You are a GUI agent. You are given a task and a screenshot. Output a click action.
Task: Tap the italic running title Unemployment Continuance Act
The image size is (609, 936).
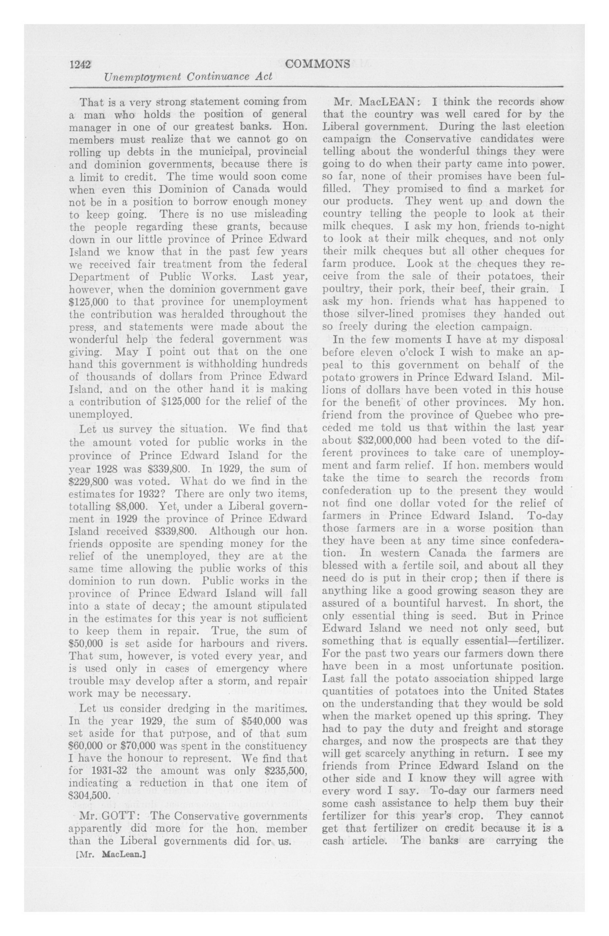coord(188,76)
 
